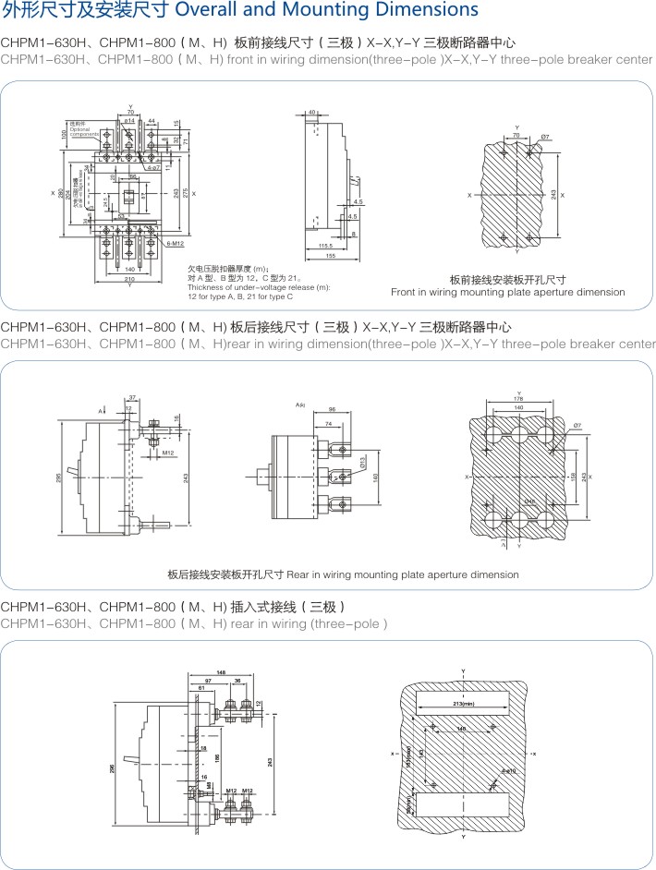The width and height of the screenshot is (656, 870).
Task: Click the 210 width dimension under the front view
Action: pos(129,278)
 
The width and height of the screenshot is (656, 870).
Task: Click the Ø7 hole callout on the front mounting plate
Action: pos(545,137)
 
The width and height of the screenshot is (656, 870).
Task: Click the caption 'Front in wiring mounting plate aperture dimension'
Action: pos(507,293)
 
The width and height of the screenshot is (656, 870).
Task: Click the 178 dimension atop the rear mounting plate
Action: pos(519,399)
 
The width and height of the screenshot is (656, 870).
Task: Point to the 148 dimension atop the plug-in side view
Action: pos(221,672)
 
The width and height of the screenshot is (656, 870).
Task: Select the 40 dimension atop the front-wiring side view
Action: pos(312,113)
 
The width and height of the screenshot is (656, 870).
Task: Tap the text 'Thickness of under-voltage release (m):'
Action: pos(259,287)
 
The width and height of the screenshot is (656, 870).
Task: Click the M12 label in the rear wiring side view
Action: pos(168,453)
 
